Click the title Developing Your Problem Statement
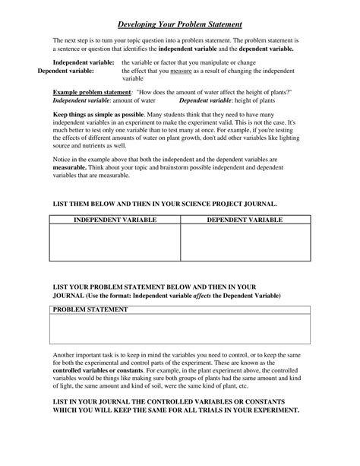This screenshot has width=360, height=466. click(180, 24)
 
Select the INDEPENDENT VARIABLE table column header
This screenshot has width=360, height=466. click(115, 220)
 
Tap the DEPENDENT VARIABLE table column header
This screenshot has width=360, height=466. click(245, 220)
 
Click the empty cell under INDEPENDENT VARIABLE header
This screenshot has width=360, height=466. click(115, 243)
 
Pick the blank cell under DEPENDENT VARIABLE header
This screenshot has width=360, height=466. click(245, 243)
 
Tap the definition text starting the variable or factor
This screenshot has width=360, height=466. click(166, 62)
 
